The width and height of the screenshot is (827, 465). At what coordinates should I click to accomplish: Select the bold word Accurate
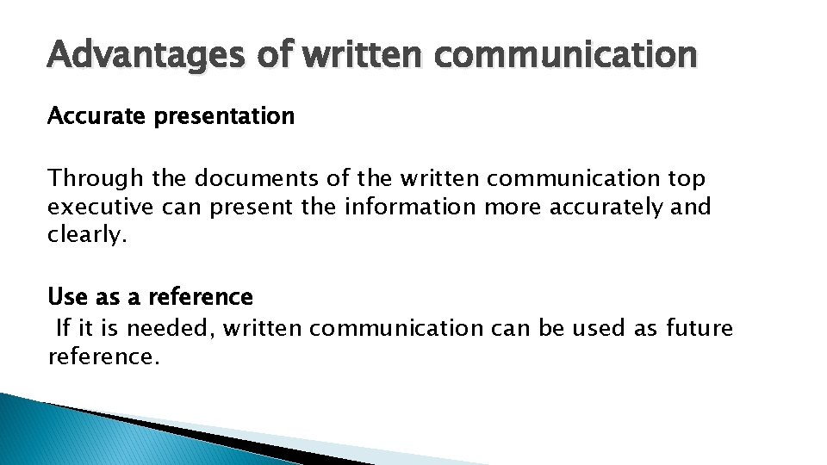click(x=96, y=115)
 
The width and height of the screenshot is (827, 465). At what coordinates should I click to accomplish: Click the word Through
click(x=96, y=179)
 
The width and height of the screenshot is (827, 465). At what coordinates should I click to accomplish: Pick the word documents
click(x=250, y=178)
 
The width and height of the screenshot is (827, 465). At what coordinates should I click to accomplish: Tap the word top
click(x=687, y=179)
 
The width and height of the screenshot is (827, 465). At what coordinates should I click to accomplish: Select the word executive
click(x=99, y=207)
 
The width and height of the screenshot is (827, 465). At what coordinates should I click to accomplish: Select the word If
click(x=63, y=328)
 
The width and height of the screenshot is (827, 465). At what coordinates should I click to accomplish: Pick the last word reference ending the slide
click(x=103, y=356)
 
